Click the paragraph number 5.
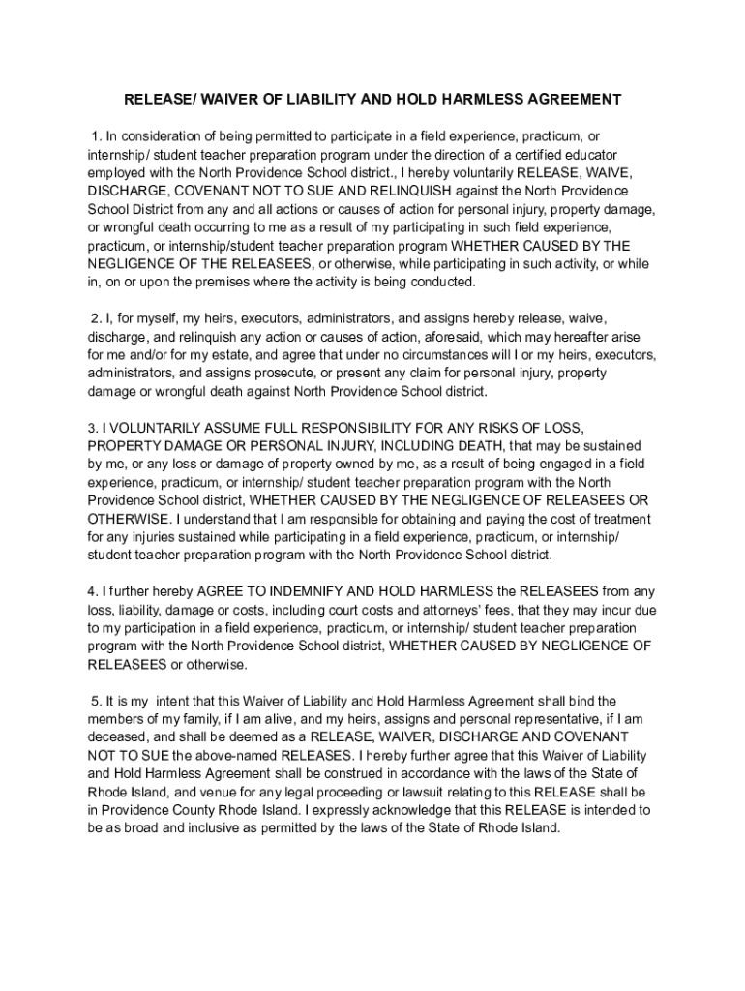[x=97, y=701]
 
